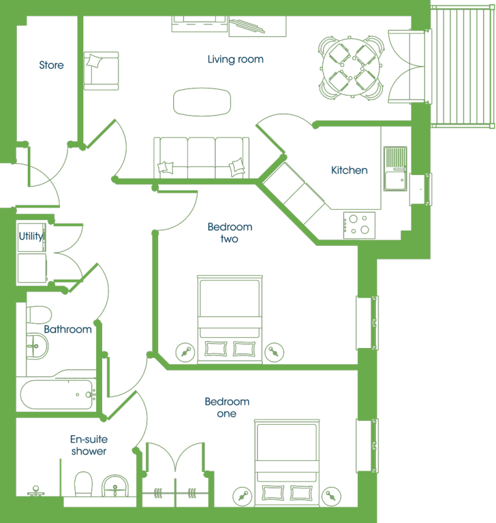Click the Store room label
coord(51,65)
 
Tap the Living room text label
coord(236,59)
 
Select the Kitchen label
coord(349,170)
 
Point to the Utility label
coord(31,236)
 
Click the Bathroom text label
coord(68,329)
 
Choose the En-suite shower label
coord(88,445)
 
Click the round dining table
coord(351,67)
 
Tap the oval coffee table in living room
coord(201,102)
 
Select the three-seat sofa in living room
coord(201,158)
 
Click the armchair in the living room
coord(101,71)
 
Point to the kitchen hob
coord(359,225)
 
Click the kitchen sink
coord(395,169)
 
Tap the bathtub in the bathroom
coord(57,395)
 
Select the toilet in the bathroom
coord(39,315)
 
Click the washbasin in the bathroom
coord(37,346)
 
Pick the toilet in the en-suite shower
coord(83,484)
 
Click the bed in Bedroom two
coord(230,319)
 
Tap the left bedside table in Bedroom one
coord(242,497)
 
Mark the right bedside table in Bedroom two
coord(274,353)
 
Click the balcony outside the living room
coord(462,66)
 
